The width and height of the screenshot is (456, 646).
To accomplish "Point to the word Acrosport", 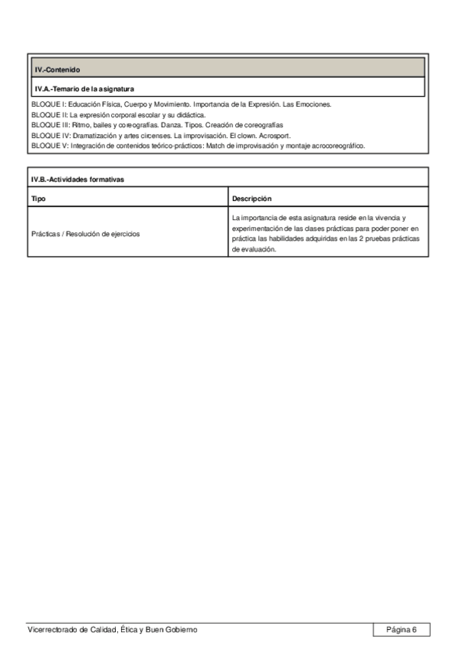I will click(276, 135).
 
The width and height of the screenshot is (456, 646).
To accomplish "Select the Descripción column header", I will click(251, 198).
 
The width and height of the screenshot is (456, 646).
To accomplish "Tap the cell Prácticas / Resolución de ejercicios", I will click(85, 234).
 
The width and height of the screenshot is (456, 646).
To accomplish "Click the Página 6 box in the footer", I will click(401, 629).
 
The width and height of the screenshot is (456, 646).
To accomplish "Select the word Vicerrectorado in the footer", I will click(52, 629).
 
